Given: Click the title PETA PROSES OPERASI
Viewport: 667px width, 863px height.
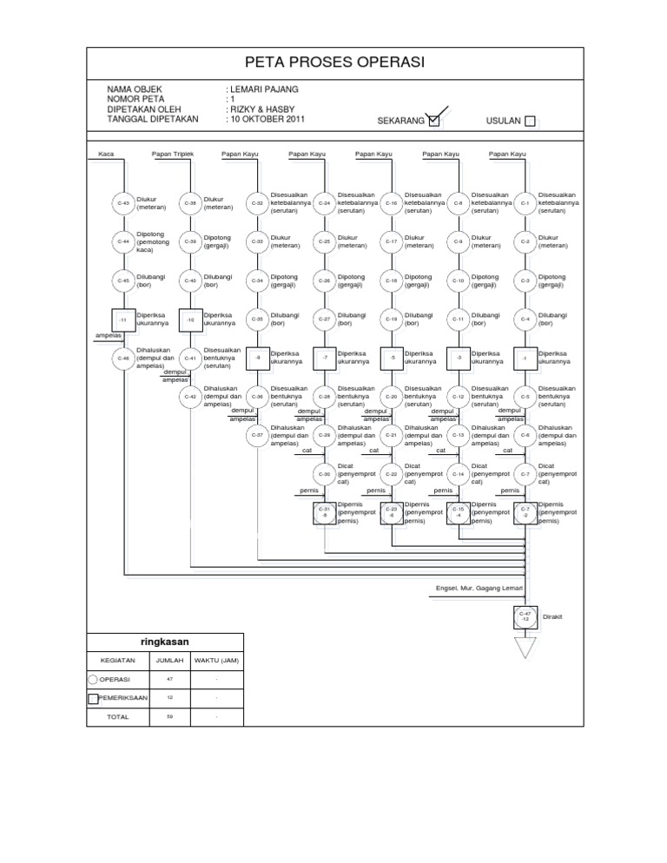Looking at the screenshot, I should (333, 62).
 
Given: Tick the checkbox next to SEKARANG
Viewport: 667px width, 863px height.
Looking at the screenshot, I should (435, 121).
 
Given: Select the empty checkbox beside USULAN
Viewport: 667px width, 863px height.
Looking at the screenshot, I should (531, 121).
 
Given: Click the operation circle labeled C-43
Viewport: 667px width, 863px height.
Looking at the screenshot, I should (122, 203).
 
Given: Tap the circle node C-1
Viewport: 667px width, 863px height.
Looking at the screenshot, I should (525, 203).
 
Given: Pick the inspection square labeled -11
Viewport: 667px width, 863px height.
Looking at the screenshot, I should (122, 320).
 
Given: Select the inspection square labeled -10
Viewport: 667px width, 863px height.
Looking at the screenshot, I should (190, 320).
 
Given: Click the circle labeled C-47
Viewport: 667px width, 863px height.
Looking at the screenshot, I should (525, 616).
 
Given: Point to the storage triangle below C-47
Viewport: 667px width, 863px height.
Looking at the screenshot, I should (525, 648).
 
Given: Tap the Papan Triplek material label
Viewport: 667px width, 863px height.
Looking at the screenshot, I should (172, 154).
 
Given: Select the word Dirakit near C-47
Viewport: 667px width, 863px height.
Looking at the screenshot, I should (553, 616).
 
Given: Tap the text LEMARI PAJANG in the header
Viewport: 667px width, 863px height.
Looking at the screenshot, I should (263, 89).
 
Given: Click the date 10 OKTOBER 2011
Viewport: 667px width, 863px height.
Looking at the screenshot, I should (267, 118).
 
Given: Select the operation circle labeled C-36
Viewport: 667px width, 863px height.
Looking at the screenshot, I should (257, 395).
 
